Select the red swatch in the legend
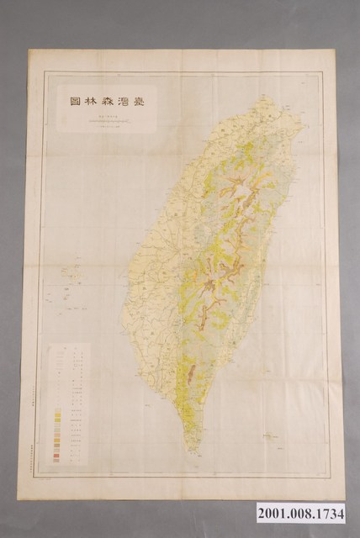point(56,455)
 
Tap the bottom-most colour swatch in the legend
point(56,460)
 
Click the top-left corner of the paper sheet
point(29,50)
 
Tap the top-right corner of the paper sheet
point(333,49)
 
